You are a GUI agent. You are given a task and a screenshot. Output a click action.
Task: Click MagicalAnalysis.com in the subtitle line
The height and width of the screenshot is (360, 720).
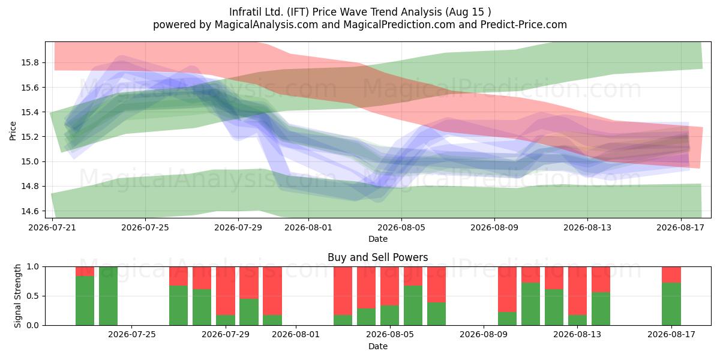(266, 25)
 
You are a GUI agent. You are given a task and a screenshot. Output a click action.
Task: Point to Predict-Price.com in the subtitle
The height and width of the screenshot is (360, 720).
(524, 25)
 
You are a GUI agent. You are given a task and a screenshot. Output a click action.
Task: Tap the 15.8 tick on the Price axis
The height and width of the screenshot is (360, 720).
(30, 62)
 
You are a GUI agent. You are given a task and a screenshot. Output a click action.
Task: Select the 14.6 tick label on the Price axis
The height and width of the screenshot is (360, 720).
(30, 211)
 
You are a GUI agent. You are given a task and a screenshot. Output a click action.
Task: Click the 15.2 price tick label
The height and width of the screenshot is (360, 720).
(30, 137)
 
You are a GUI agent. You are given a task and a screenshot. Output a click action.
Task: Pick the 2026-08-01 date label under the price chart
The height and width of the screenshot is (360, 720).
(308, 227)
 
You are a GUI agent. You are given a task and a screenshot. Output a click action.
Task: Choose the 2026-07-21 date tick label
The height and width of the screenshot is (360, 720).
(52, 227)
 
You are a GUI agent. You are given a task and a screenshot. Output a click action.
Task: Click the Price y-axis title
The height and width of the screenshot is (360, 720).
(13, 131)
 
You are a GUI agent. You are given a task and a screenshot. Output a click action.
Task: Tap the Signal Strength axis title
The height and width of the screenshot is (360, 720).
(17, 296)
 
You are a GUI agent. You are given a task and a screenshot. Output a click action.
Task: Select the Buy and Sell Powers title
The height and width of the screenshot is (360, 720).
(377, 257)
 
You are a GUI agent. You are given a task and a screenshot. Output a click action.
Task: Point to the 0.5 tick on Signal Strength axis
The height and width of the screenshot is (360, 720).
(32, 296)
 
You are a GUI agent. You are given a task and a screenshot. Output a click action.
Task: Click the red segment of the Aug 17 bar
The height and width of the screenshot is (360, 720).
(671, 275)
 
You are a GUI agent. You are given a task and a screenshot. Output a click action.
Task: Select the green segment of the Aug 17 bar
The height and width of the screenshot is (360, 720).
(671, 304)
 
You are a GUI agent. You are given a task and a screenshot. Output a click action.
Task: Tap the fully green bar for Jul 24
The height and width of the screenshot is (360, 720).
(109, 296)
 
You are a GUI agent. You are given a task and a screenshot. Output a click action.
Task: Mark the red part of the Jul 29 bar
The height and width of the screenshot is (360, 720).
(226, 291)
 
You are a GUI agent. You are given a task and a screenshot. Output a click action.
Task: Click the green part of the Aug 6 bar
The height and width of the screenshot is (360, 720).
(413, 305)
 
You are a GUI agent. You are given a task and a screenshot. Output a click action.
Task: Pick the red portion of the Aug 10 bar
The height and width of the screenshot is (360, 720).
(507, 289)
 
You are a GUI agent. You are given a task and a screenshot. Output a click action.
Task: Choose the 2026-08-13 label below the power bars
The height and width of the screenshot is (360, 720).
(577, 335)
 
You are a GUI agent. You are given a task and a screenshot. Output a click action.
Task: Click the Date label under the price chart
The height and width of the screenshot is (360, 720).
(377, 239)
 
